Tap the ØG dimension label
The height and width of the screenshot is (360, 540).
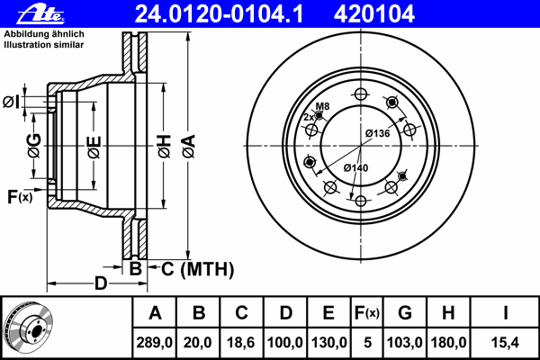tap(34, 144)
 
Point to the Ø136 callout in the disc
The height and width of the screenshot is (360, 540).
tap(377, 133)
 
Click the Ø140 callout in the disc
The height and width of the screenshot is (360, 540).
tap(356, 167)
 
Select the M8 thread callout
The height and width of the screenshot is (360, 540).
tap(322, 107)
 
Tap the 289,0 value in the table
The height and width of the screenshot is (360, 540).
tap(154, 342)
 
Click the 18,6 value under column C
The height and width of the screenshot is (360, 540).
tap(241, 342)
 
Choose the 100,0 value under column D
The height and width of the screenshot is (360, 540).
tap(284, 342)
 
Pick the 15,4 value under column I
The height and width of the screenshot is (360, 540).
tap(506, 342)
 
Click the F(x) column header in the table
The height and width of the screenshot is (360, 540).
tap(367, 313)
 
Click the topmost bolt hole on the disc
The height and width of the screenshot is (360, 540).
tap(360, 94)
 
